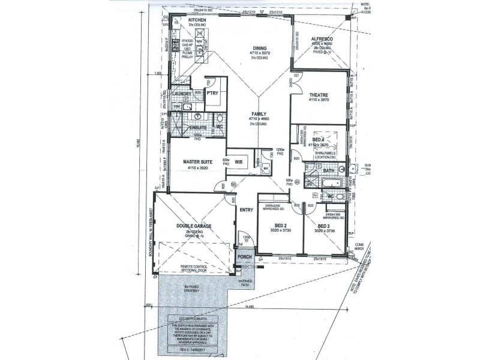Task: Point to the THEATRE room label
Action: coord(319,95)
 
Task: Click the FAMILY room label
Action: coord(260,114)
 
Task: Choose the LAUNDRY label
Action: coord(181,94)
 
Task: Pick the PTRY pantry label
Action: coord(212,94)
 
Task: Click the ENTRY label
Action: coord(247,210)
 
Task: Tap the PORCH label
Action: coord(245,257)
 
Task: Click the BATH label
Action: coord(328,170)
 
